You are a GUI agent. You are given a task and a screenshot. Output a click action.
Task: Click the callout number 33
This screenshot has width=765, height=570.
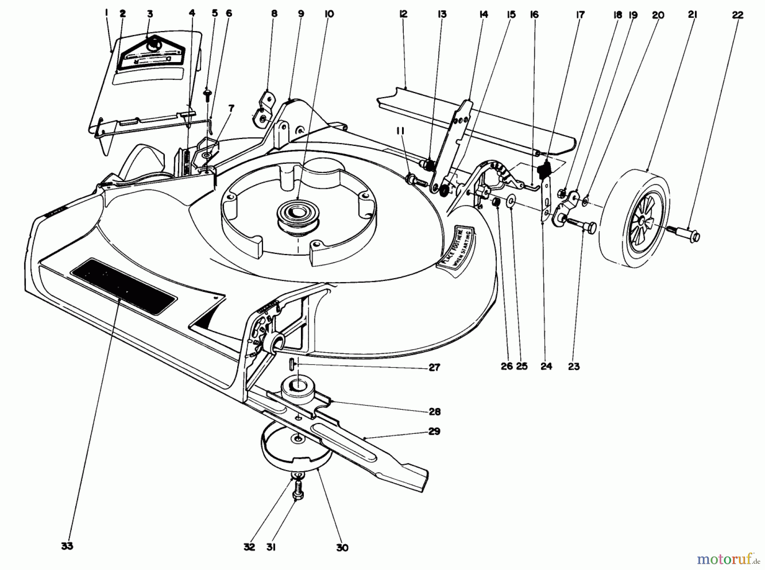point(67,546)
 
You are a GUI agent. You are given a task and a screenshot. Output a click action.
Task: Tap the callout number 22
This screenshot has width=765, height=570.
point(738,15)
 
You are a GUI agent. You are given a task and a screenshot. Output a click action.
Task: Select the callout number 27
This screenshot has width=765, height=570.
point(434,367)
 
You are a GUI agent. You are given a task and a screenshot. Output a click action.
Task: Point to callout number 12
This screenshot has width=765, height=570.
point(403,14)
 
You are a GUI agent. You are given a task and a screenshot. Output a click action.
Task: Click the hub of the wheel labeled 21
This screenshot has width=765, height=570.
point(646,222)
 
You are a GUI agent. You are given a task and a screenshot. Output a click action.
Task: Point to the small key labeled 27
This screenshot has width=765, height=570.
point(292,364)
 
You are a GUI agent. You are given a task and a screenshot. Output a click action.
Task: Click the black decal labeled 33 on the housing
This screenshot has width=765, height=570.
point(123,286)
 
